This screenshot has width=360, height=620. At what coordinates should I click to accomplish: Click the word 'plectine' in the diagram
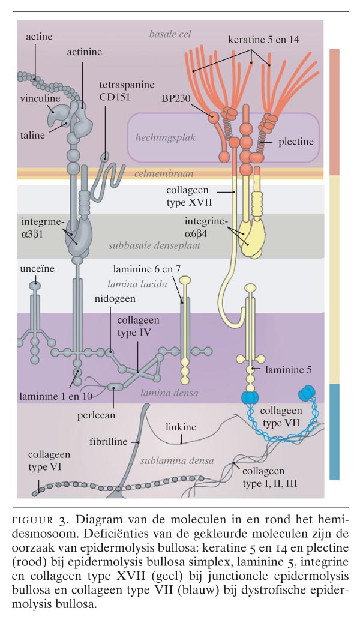click(x=296, y=142)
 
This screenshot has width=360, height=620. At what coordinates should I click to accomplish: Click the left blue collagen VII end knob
click(x=248, y=395)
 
